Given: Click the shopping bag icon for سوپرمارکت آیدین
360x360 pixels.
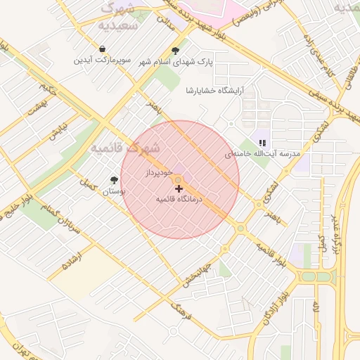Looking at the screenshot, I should point(103,49).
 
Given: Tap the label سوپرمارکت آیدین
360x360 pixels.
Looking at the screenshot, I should point(103,60).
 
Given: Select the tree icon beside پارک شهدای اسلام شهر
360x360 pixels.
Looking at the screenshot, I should point(175,50).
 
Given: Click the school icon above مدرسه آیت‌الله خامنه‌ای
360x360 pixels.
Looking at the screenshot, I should point(262,143).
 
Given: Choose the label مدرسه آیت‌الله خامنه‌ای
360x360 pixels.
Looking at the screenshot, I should point(262,153).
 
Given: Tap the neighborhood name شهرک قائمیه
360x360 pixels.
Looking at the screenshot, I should point(125,148).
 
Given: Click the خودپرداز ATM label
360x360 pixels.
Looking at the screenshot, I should point(159,172).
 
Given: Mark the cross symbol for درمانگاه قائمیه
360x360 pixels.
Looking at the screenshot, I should point(179,188).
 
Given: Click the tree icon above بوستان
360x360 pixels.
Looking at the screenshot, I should point(114,180).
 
